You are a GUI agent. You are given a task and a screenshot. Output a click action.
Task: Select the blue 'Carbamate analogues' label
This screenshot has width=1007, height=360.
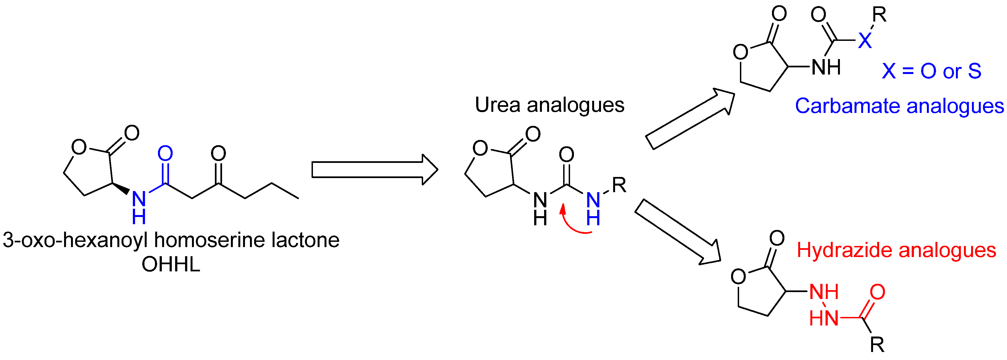[x=899, y=106]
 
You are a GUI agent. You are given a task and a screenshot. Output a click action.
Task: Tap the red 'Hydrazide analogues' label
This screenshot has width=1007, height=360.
[x=896, y=250]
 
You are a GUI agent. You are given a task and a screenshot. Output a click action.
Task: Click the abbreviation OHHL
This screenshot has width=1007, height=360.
[x=171, y=265]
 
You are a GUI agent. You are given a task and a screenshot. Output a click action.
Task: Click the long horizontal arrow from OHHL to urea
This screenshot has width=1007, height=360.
[x=374, y=170]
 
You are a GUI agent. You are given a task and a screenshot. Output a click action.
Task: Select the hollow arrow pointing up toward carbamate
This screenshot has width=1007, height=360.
[x=690, y=119]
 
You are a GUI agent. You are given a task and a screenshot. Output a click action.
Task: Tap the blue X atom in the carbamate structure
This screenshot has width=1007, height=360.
[x=865, y=40]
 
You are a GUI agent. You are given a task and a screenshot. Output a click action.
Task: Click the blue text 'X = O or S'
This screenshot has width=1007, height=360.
[x=931, y=71]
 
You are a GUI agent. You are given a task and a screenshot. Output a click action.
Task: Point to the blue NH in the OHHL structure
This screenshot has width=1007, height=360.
[x=139, y=207]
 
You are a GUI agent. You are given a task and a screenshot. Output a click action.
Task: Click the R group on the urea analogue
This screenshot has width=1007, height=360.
[x=619, y=185]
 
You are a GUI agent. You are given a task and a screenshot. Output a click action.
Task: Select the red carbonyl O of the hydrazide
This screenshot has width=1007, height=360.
[x=877, y=292]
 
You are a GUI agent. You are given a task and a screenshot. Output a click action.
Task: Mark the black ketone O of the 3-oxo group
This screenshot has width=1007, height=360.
[x=218, y=153]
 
